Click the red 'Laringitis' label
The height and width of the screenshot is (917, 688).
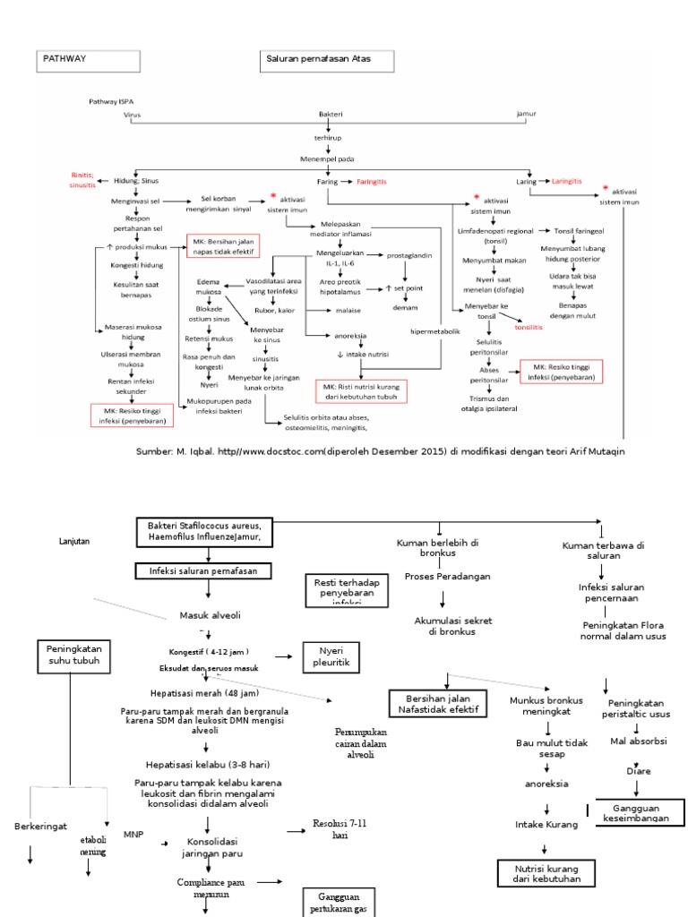pyautogui.click(x=566, y=181)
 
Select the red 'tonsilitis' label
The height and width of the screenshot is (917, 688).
pyautogui.click(x=529, y=328)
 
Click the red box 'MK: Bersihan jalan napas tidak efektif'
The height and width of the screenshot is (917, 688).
pyautogui.click(x=221, y=246)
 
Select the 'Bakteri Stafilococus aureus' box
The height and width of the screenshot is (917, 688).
pyautogui.click(x=203, y=531)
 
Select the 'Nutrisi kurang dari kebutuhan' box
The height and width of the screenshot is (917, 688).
pyautogui.click(x=546, y=873)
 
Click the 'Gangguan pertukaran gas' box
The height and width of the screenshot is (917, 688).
pyautogui.click(x=337, y=903)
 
